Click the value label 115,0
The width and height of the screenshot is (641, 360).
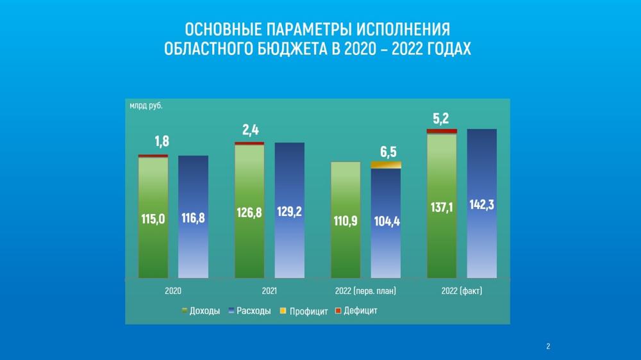(153, 219)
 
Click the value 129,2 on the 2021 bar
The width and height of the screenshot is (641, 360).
(289, 212)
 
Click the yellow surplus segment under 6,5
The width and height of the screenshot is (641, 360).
(386, 165)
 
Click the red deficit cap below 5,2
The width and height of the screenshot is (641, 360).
(442, 131)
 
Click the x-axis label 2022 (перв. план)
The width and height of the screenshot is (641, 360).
(365, 291)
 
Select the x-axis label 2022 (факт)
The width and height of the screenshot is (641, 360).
(462, 291)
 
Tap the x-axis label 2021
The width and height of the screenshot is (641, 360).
(269, 291)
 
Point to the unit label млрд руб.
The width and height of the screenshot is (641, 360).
(146, 106)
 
